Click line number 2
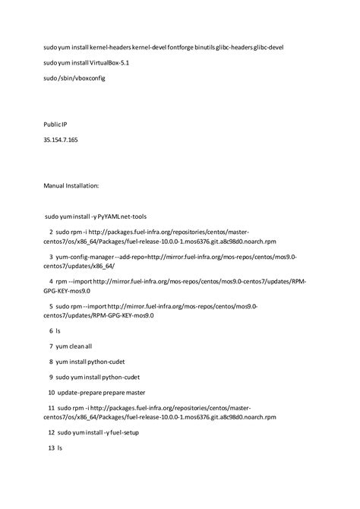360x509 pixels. (51, 232)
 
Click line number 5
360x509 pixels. (51, 307)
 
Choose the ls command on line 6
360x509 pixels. (58, 332)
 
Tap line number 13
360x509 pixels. (51, 448)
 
